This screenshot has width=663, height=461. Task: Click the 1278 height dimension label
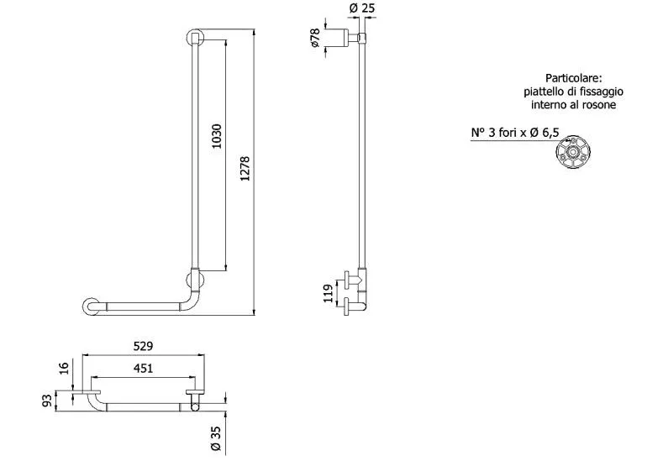pos(245,169)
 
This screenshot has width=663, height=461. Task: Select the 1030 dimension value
pos(217,136)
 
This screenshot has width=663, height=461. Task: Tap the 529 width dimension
pos(143,346)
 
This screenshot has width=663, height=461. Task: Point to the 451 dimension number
pos(143,369)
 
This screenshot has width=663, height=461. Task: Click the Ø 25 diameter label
pos(362,8)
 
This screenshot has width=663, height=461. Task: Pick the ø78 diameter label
pos(315,38)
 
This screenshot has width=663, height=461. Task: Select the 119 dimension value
pos(328,293)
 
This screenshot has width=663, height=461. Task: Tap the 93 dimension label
pos(48,401)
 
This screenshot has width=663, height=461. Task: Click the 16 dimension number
pos(63,368)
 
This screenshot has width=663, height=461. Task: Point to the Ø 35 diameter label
pos(215,438)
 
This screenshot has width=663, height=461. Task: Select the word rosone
pos(601,104)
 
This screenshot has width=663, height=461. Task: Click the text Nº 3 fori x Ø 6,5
pos(515,133)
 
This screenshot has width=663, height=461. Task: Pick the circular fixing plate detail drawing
pos(573,151)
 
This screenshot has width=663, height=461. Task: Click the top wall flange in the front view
pos(195,38)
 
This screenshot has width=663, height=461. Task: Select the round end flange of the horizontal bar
pos(91,306)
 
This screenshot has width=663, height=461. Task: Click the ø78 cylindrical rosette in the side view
pos(340,38)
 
